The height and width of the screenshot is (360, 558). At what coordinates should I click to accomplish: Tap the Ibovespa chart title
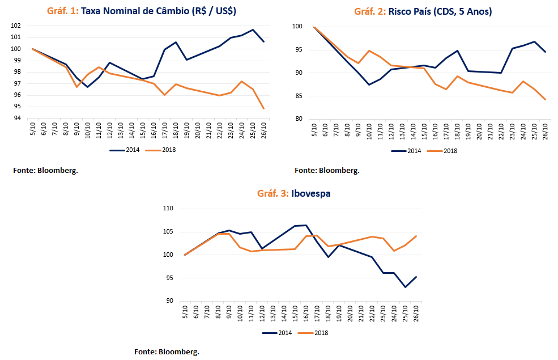(x=294, y=193)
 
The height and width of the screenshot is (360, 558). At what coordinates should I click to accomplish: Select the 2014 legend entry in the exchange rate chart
(x=126, y=151)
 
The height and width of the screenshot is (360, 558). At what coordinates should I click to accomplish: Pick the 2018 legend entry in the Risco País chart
(x=445, y=151)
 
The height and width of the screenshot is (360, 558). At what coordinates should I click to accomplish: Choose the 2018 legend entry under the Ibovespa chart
(x=316, y=333)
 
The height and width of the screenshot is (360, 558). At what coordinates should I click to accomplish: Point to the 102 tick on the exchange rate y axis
(x=16, y=26)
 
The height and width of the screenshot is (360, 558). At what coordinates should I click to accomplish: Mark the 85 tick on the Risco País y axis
(x=298, y=96)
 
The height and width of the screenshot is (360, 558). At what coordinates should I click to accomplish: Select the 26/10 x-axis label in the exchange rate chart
(x=263, y=130)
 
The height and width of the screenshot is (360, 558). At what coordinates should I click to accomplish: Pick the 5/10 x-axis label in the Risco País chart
(x=314, y=129)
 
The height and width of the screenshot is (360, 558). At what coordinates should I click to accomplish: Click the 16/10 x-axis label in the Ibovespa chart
(x=306, y=312)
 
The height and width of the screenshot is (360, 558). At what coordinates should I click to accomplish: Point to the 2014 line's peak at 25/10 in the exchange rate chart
(x=253, y=29)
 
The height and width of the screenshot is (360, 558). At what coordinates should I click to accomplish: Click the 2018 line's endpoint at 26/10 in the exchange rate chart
(x=263, y=108)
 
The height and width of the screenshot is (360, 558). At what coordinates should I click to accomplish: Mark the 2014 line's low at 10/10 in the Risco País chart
(x=369, y=84)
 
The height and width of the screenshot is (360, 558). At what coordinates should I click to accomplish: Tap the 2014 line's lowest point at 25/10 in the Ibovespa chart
(x=406, y=287)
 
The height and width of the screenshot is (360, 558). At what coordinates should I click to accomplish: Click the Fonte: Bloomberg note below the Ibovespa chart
(x=167, y=352)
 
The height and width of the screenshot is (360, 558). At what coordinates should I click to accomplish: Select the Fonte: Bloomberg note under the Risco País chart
(x=327, y=170)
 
